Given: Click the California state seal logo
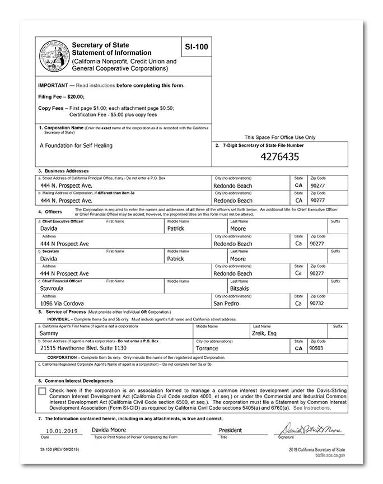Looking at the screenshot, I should pyautogui.click(x=54, y=56).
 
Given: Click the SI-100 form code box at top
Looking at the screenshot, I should pyautogui.click(x=198, y=46).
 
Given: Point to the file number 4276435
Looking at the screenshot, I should pyautogui.click(x=281, y=157).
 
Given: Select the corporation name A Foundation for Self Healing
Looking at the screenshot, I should pyautogui.click(x=76, y=146).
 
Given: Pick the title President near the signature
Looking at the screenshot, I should pyautogui.click(x=231, y=430).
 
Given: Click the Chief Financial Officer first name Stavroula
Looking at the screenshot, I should pyautogui.click(x=55, y=288).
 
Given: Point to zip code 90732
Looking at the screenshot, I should pyautogui.click(x=317, y=303).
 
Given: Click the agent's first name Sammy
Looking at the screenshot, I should pyautogui.click(x=50, y=333).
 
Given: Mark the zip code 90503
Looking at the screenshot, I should pyautogui.click(x=317, y=347).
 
